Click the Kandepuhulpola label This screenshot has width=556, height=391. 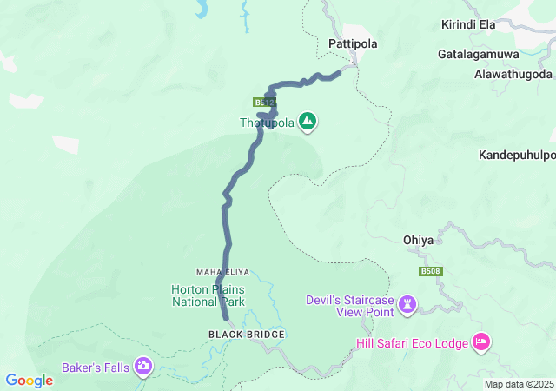tap(517, 156)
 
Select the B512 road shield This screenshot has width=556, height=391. tap(264, 102)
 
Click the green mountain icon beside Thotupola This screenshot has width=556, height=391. tap(308, 122)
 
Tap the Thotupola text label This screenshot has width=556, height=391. tap(268, 123)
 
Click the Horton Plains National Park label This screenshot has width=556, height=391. tap(208, 295)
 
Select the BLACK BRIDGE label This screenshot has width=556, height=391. tap(247, 334)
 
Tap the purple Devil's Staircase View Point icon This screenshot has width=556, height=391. tap(407, 305)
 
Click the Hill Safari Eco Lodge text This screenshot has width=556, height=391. tap(411, 343)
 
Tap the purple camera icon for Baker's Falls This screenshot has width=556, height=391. tap(144, 367)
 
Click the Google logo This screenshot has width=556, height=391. tap(29, 381)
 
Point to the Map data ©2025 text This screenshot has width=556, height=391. tap(519, 384)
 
